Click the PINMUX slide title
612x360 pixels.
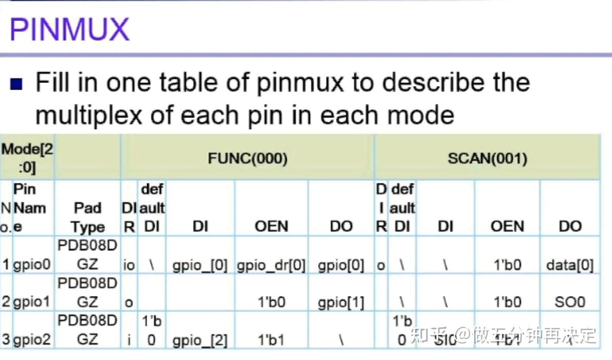pyautogui.click(x=69, y=29)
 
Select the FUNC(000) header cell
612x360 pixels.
pyautogui.click(x=247, y=158)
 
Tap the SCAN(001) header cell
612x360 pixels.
pyautogui.click(x=487, y=158)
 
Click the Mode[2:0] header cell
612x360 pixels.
pyautogui.click(x=27, y=158)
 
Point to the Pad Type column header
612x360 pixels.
pyautogui.click(x=88, y=217)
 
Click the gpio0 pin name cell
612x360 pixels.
pyautogui.click(x=32, y=265)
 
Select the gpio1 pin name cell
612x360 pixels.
pyautogui.click(x=32, y=302)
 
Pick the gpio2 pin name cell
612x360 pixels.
pyautogui.click(x=32, y=338)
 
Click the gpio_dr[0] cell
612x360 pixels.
pyautogui.click(x=271, y=265)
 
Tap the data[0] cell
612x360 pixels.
pyautogui.click(x=569, y=265)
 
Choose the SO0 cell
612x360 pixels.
pyautogui.click(x=569, y=302)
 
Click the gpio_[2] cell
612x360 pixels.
pyautogui.click(x=200, y=339)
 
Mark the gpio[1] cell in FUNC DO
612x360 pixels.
pyautogui.click(x=341, y=302)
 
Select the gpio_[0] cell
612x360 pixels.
pyautogui.click(x=200, y=265)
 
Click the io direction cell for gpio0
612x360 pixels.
pyautogui.click(x=129, y=265)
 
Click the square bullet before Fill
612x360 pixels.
pyautogui.click(x=17, y=83)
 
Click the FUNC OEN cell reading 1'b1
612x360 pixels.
pyautogui.click(x=271, y=339)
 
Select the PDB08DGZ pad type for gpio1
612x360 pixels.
pyautogui.click(x=88, y=292)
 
